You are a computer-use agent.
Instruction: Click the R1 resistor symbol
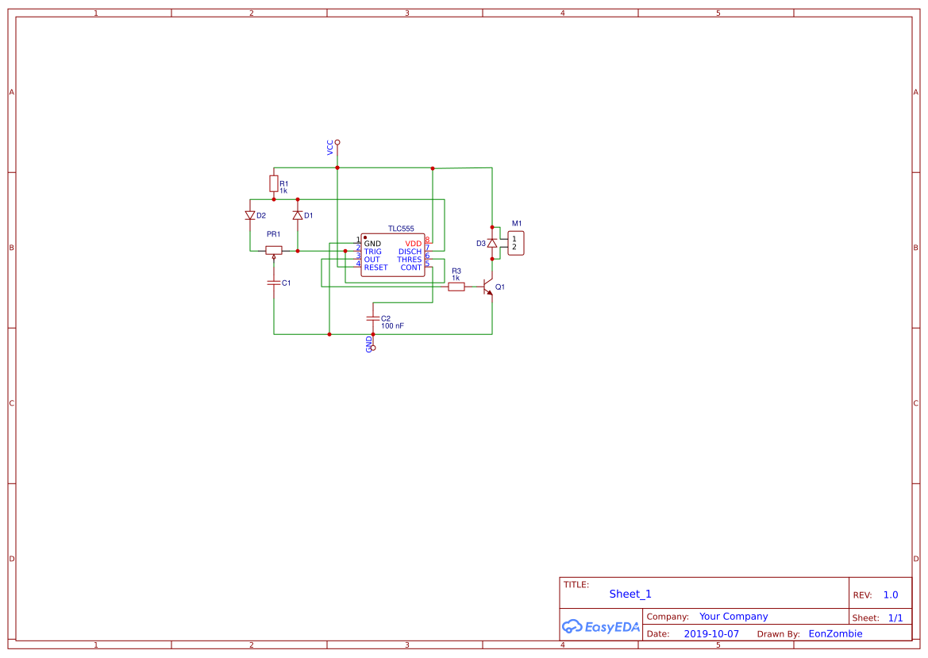coord(273,184)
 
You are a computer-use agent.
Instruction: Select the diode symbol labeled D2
coord(250,215)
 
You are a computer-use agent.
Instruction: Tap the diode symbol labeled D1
coord(298,215)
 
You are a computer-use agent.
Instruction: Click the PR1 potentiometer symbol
coord(274,250)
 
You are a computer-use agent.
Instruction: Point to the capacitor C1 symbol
coord(274,282)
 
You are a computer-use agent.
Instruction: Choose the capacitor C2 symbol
coord(373,317)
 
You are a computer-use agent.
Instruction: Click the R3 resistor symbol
coord(456,287)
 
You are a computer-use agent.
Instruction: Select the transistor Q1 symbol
coord(487,287)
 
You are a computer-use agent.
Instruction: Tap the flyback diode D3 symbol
coord(492,243)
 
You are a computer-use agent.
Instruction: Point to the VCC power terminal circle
coord(337,142)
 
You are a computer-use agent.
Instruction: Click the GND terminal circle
coord(373,348)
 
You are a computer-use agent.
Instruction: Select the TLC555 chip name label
coord(401,229)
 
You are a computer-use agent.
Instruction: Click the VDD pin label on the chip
coord(414,244)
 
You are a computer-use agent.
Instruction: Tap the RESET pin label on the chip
coord(376,267)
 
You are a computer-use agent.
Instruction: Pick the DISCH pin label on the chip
coord(410,252)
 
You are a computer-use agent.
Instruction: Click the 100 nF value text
coord(392,326)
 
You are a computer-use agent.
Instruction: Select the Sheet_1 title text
coord(630,594)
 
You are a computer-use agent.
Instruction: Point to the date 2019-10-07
coord(711,634)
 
